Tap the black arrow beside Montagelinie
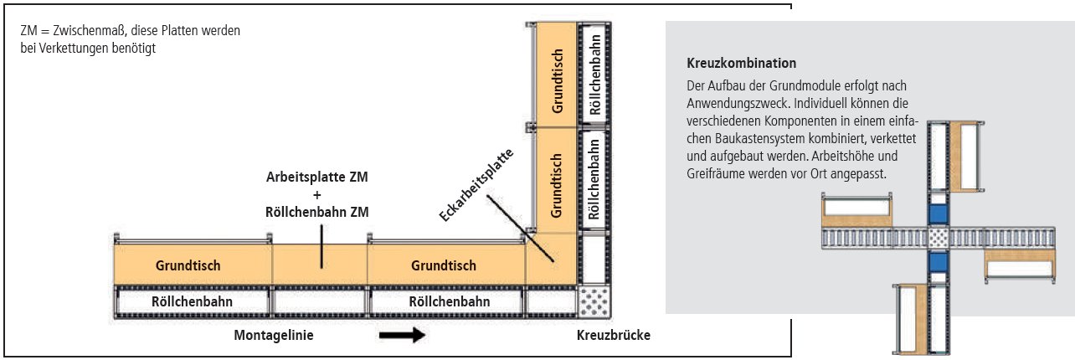point(402,335)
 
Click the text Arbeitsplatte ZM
point(317,178)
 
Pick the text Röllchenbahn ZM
point(317,212)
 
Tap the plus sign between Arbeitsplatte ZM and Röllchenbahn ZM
point(317,195)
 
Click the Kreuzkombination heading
point(741,64)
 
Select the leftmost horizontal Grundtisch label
point(188,265)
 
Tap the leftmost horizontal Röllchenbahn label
point(192,301)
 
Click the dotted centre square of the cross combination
point(939,239)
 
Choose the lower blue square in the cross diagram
point(939,264)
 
